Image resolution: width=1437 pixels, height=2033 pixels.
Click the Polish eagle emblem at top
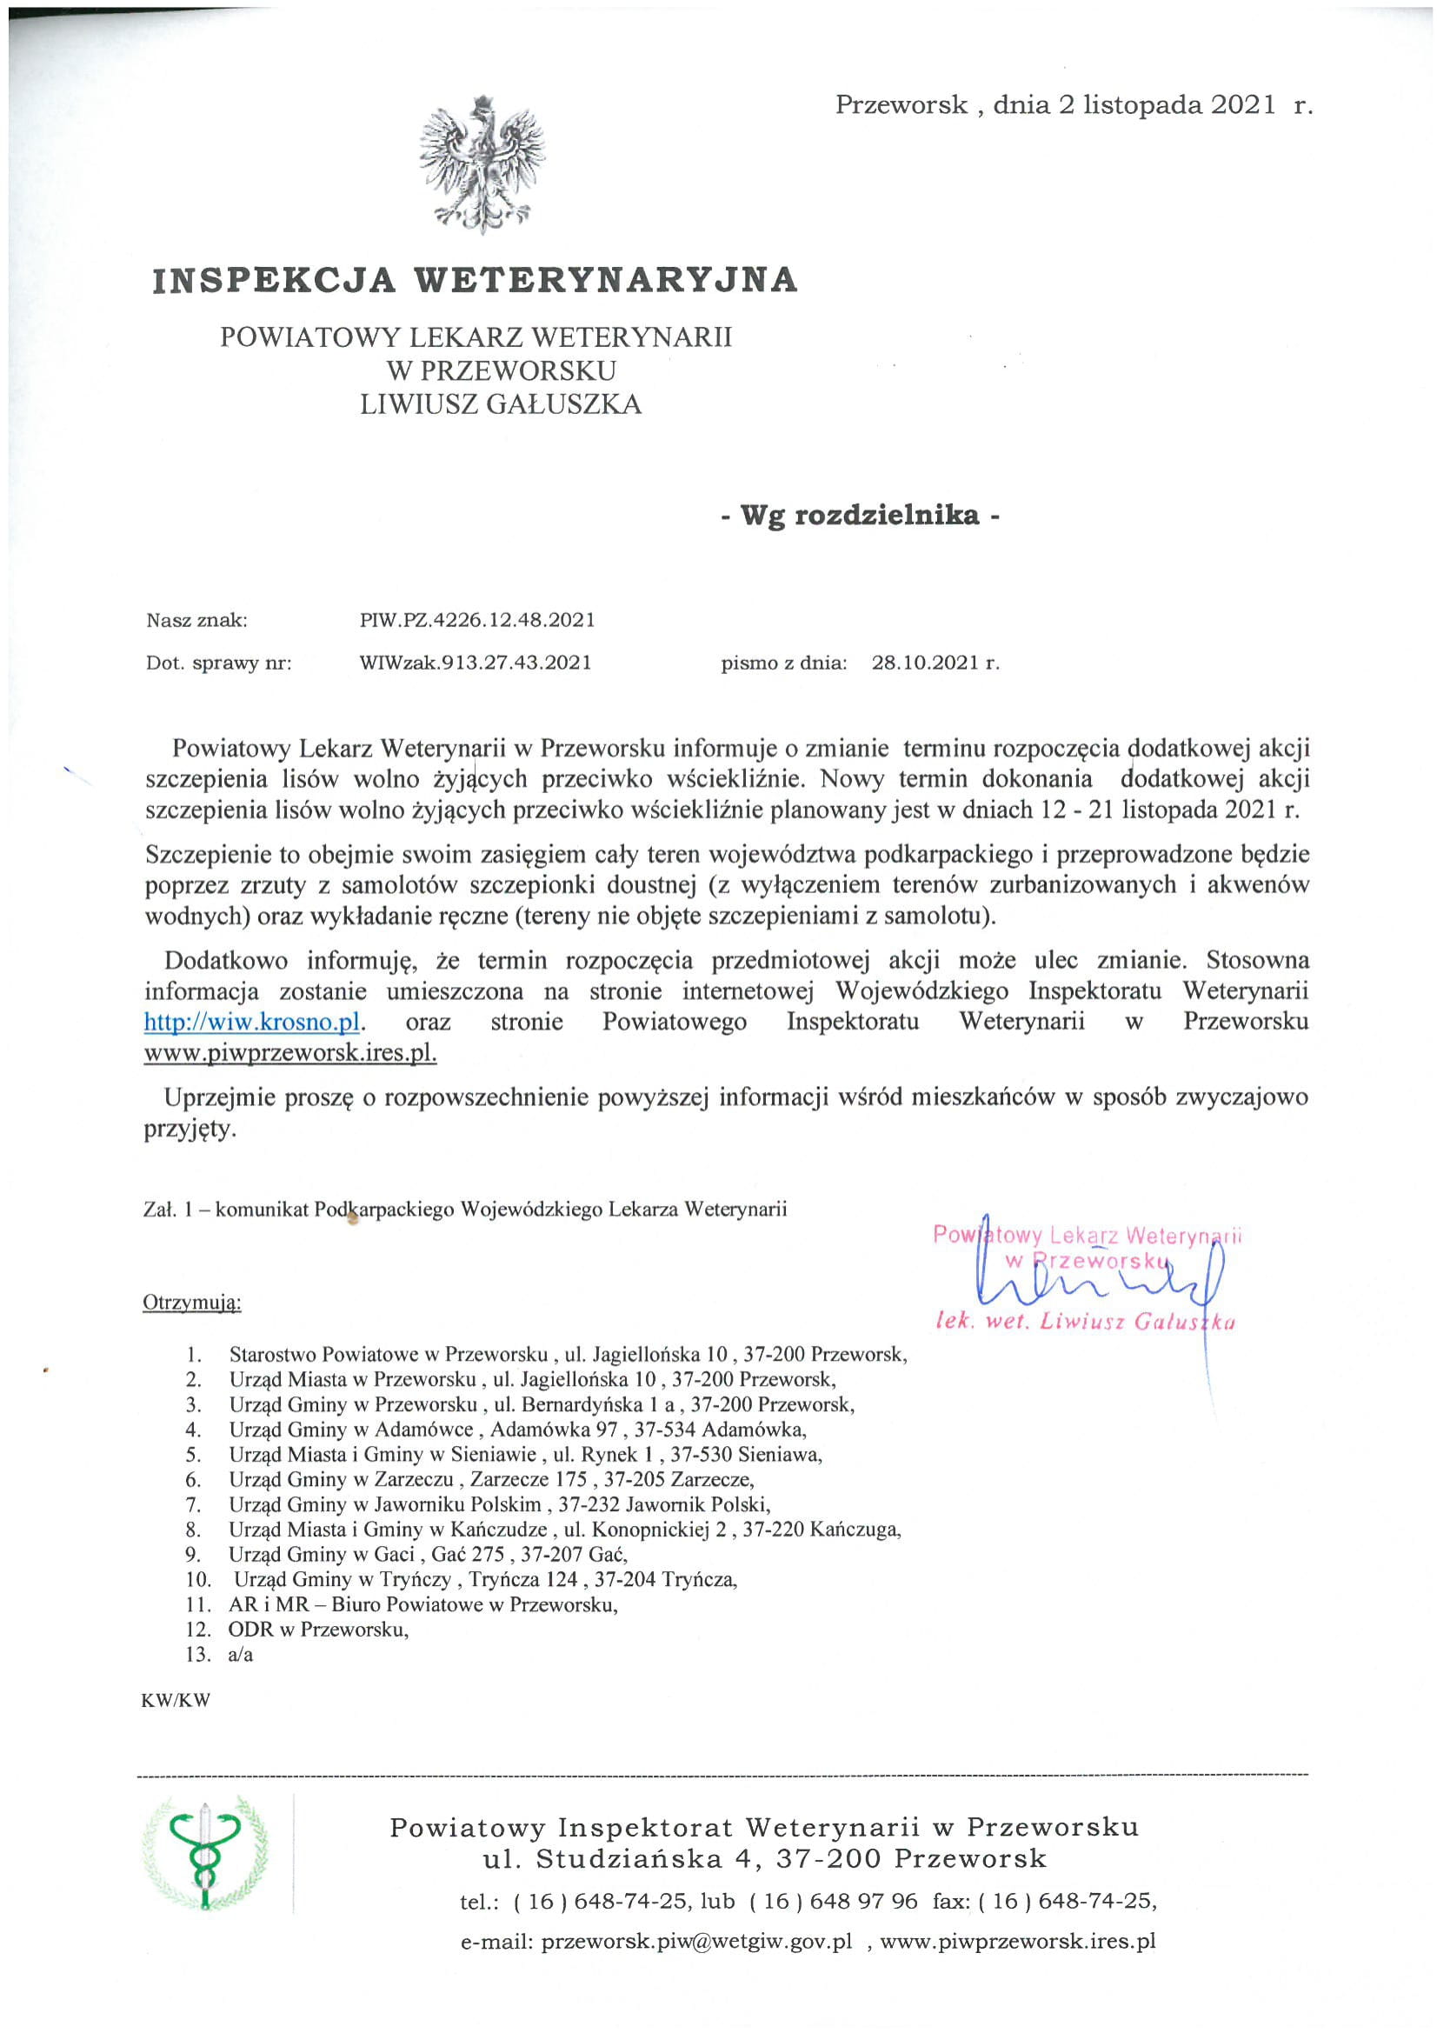(x=482, y=164)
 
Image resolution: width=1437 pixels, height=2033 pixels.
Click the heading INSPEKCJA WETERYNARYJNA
(x=476, y=280)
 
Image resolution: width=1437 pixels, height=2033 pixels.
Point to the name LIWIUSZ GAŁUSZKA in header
(x=500, y=404)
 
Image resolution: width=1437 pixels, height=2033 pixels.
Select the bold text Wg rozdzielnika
(x=860, y=516)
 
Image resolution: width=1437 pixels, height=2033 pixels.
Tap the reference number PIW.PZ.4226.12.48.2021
(x=477, y=620)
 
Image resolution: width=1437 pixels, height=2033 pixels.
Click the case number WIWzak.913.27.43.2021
(x=476, y=663)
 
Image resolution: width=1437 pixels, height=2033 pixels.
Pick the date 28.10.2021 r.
(x=935, y=663)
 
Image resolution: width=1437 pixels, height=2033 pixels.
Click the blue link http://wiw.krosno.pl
(x=253, y=1022)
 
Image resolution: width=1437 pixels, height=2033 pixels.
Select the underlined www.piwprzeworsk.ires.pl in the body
(x=290, y=1054)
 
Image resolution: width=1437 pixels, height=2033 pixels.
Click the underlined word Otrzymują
(x=191, y=1303)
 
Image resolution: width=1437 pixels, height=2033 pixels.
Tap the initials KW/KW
(x=176, y=1701)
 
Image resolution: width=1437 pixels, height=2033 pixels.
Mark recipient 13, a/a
(x=240, y=1654)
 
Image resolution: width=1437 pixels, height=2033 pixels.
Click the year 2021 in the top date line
(x=1244, y=105)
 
